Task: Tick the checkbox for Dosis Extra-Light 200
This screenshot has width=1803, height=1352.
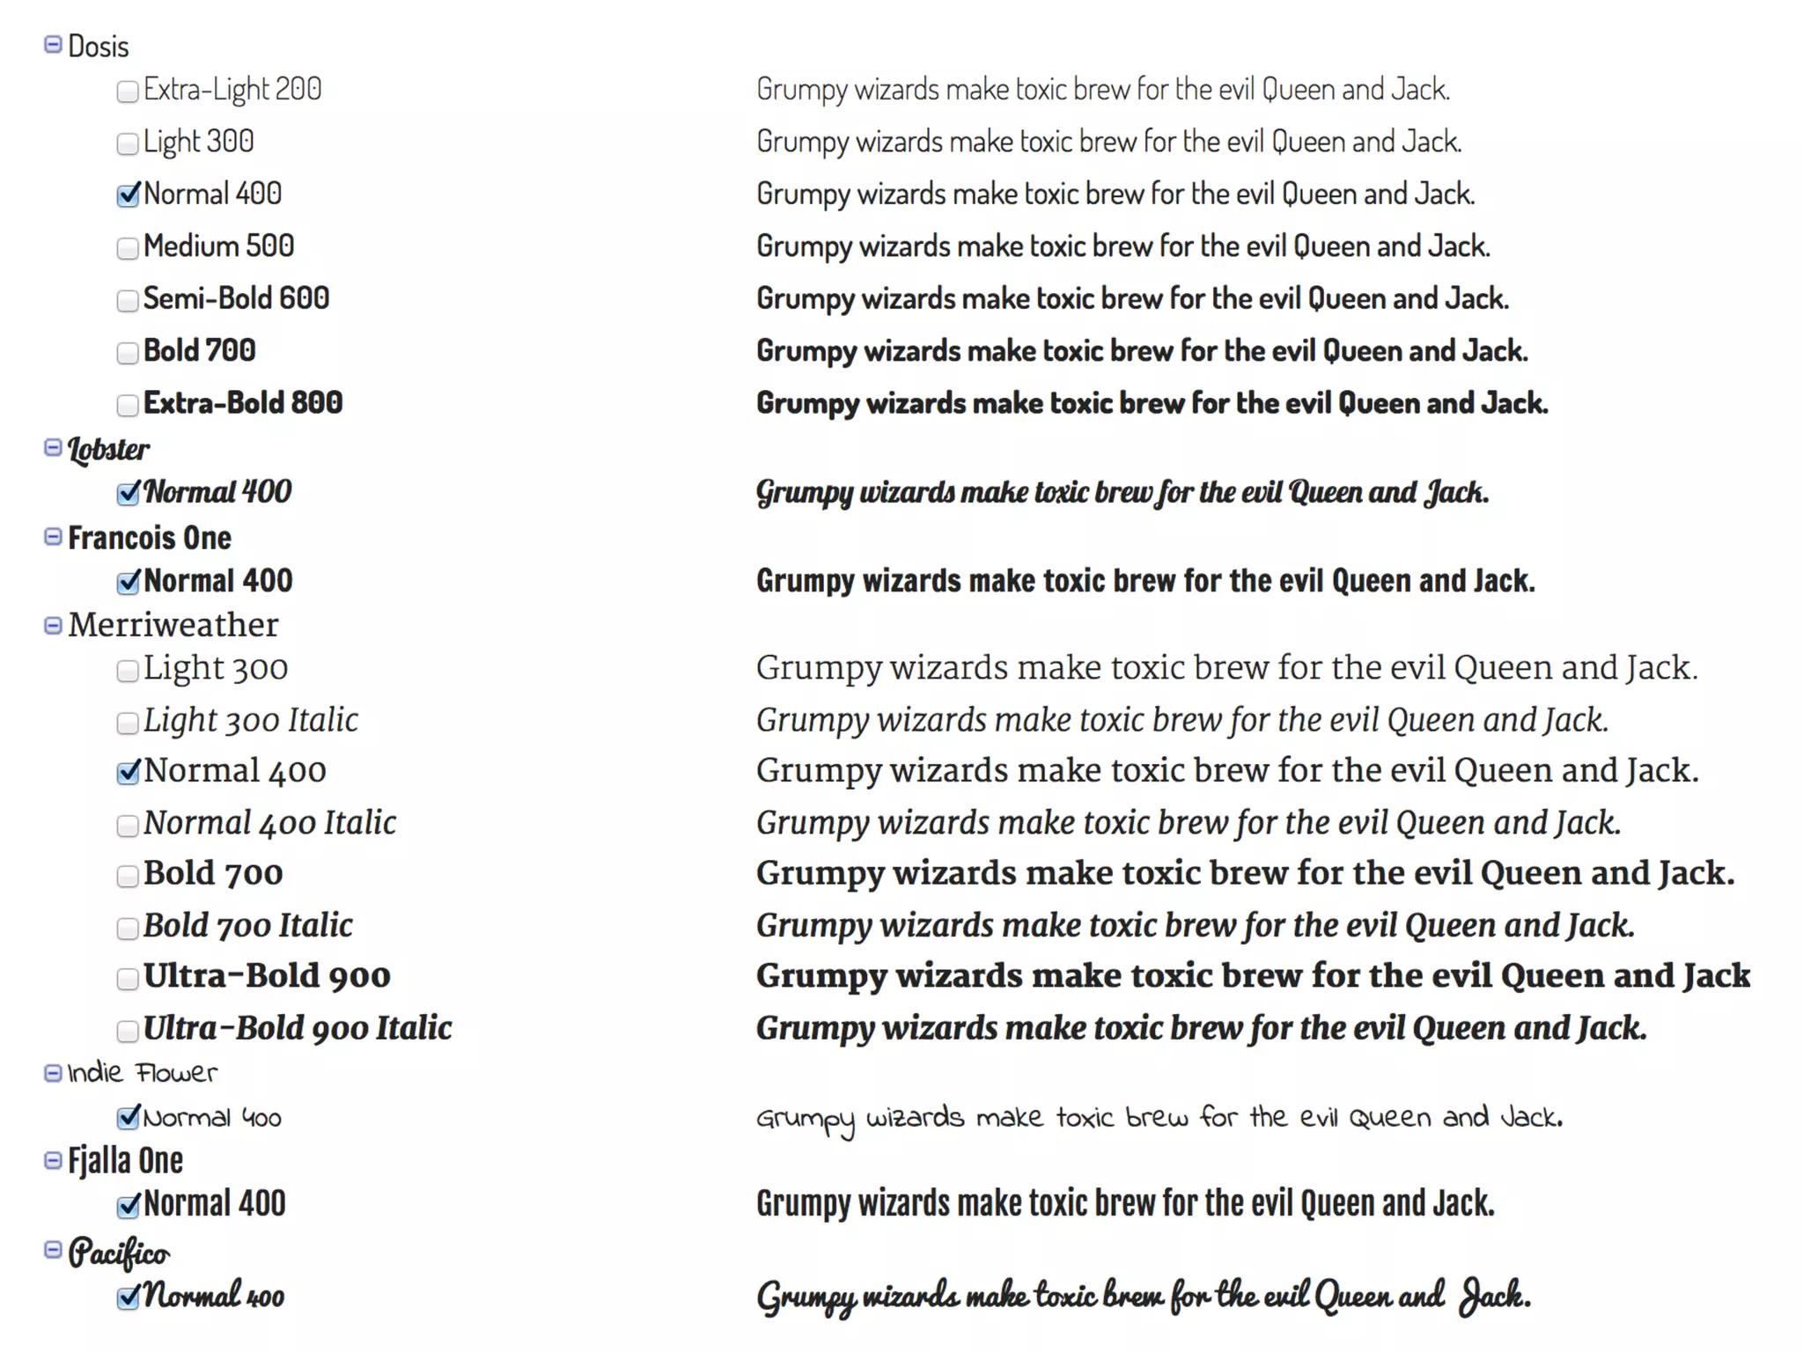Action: point(128,92)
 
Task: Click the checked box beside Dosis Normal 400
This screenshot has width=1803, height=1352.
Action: point(128,195)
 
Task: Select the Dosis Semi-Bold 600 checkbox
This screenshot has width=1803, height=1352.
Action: point(128,301)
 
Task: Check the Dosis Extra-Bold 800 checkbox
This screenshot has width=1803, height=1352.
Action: point(128,405)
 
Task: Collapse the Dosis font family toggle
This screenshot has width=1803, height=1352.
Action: point(53,44)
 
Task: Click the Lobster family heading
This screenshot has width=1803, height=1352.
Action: point(108,449)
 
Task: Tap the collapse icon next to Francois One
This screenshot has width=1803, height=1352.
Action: point(53,537)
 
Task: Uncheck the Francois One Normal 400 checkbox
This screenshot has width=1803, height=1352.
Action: point(128,583)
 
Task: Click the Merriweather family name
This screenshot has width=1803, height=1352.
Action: point(173,625)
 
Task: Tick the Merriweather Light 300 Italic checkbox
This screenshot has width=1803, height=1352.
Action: point(128,723)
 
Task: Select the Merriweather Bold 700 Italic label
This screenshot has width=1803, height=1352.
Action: point(247,925)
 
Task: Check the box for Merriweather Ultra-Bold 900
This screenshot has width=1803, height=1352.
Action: point(128,979)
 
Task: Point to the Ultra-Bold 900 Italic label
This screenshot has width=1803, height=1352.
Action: point(298,1028)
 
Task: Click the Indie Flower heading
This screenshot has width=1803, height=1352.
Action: point(142,1073)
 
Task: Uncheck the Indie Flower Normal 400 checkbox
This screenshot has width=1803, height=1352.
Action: point(128,1118)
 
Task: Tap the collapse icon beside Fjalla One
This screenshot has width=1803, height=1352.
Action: point(53,1161)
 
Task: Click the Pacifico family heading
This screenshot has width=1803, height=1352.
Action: point(119,1252)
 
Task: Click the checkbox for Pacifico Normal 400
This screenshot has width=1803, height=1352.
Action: point(128,1297)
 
